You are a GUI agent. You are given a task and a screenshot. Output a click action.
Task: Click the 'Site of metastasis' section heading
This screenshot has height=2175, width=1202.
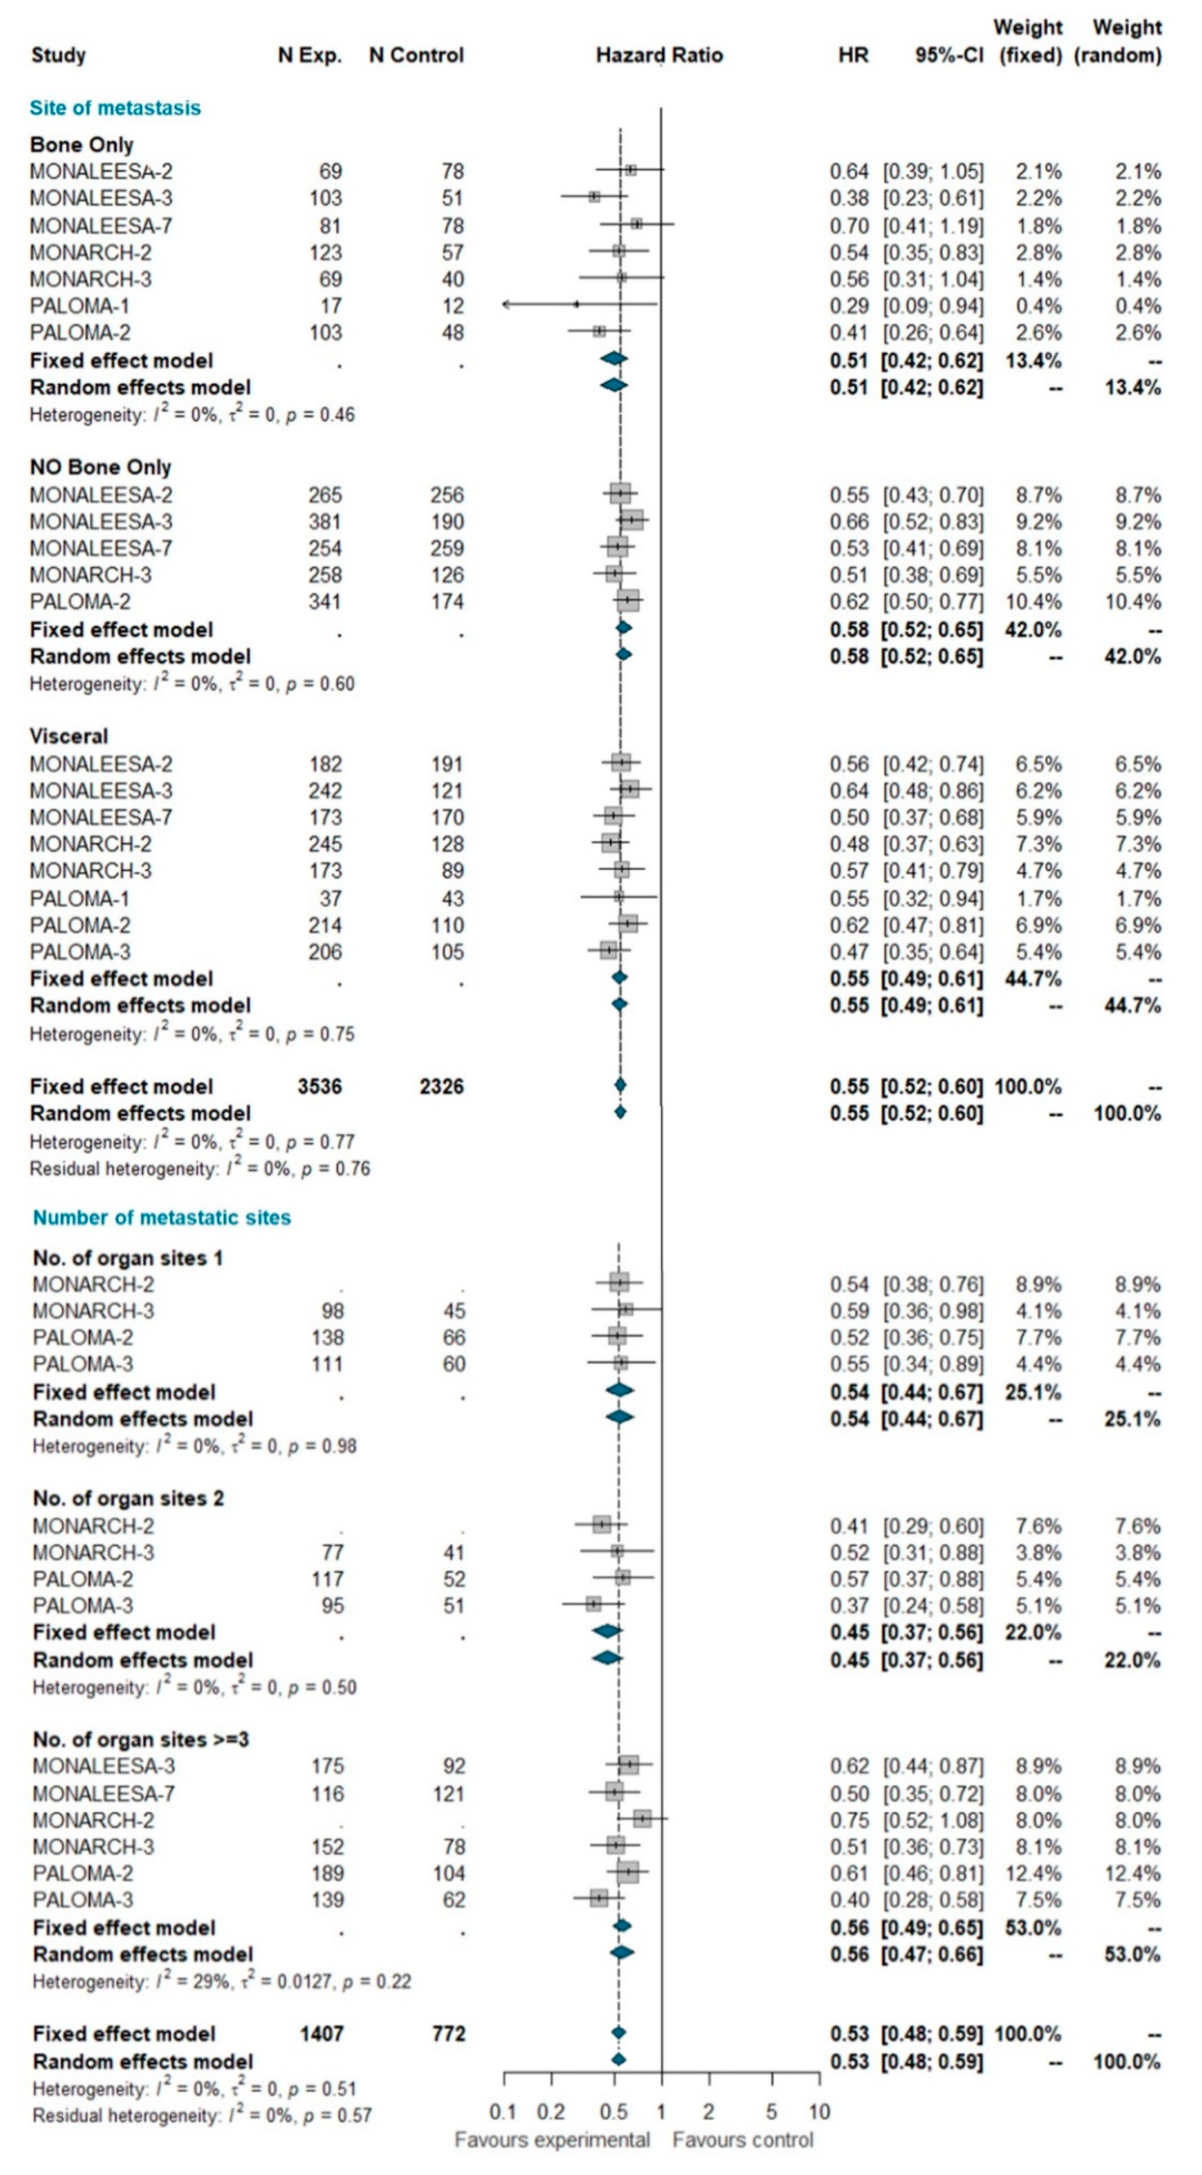[x=115, y=108]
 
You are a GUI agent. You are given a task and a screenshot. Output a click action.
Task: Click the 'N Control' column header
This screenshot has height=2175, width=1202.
[x=416, y=56]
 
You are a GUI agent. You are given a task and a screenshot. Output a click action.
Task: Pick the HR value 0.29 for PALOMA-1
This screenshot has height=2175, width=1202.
[x=848, y=306]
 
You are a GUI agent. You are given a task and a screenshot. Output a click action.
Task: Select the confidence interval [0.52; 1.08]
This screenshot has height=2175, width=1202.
[x=933, y=1821]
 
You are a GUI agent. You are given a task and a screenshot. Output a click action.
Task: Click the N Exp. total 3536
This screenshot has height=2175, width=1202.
[x=319, y=1087]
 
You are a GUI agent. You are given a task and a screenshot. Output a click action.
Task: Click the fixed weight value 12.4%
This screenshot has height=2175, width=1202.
[x=1033, y=1874]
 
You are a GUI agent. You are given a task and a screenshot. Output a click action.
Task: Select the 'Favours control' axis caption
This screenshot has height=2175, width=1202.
[x=743, y=2140]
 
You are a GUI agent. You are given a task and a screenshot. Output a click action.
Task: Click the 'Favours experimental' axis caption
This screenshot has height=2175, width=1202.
[x=552, y=2140]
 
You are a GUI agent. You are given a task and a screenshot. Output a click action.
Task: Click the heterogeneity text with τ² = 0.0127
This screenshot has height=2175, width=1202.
[x=221, y=1982]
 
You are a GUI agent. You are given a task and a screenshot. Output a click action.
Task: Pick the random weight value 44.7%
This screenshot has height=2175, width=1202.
[x=1133, y=1006]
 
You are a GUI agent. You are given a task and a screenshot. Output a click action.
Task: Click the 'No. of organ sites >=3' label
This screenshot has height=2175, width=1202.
[x=140, y=1739]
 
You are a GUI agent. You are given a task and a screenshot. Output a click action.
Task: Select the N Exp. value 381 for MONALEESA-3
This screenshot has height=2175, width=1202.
[x=325, y=522]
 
